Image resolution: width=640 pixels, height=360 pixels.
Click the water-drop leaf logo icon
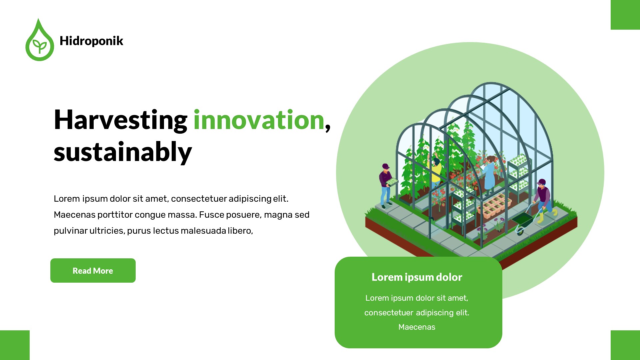coord(39,41)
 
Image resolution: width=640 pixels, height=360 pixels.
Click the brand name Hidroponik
coord(91,41)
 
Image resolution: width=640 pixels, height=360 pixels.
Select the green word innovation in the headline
coord(259,120)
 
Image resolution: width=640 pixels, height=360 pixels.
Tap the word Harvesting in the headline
coord(120,120)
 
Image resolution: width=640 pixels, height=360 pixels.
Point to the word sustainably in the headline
coord(123,152)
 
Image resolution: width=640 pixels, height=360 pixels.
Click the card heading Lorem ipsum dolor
coord(417,277)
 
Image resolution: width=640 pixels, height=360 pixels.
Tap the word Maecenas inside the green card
coord(417,327)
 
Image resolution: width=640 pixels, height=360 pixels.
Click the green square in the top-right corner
coord(625,15)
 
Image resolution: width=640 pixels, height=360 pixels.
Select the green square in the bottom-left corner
coord(15,345)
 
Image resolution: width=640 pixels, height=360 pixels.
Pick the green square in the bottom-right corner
coord(625,345)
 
